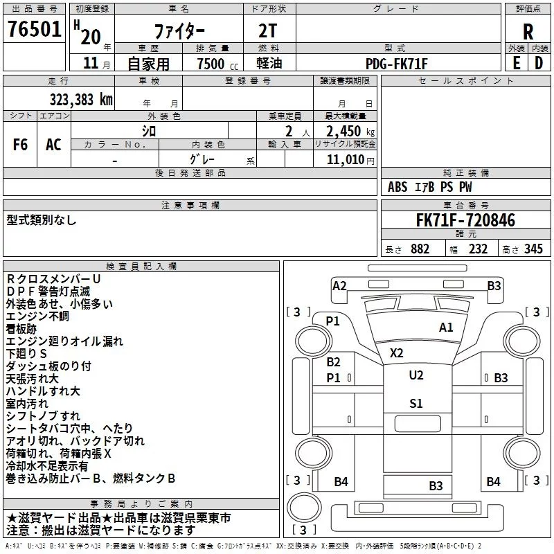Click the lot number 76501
35,29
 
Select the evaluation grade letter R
528,32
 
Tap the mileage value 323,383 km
81,100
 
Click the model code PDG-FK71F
396,64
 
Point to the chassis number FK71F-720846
465,220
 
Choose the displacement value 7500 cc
217,64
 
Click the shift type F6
20,145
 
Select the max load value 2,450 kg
350,132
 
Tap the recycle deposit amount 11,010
346,160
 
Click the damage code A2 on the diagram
339,286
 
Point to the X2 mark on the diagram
396,353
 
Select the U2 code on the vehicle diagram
416,375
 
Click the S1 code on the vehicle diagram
416,404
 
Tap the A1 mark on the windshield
446,328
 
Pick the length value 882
420,249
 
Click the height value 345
533,249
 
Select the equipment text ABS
397,187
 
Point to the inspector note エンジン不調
37,316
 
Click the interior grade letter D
539,64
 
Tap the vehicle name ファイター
179,31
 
